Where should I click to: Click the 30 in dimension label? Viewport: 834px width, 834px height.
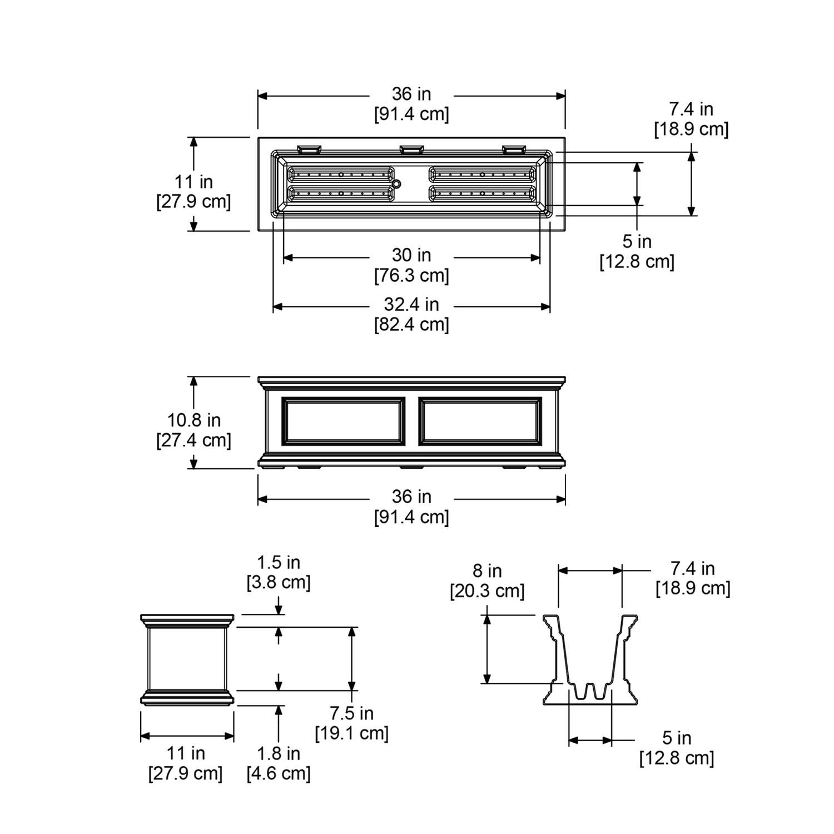point(411,255)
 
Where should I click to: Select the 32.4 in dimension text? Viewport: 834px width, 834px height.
point(411,305)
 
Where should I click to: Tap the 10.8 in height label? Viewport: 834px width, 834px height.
point(194,420)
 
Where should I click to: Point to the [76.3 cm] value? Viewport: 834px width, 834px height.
point(411,275)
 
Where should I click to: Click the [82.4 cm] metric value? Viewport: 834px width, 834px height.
point(411,324)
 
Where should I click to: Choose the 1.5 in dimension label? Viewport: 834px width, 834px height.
point(278,563)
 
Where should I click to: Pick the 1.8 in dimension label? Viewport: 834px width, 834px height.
point(278,753)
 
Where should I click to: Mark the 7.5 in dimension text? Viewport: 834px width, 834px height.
point(351,713)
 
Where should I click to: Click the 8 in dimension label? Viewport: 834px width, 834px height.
point(487,571)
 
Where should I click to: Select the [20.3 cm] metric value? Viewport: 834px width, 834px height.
point(487,590)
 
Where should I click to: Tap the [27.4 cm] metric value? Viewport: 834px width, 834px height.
point(193,440)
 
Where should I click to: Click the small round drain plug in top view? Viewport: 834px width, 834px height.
point(396,183)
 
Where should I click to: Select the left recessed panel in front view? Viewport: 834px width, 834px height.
point(344,421)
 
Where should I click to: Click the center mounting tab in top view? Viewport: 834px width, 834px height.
point(411,149)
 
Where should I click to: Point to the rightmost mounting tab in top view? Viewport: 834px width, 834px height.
point(514,149)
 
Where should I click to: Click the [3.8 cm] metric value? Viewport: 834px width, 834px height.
point(278,583)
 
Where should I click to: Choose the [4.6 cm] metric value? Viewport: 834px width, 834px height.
point(278,773)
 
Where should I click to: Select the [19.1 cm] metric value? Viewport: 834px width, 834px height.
point(351,733)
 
